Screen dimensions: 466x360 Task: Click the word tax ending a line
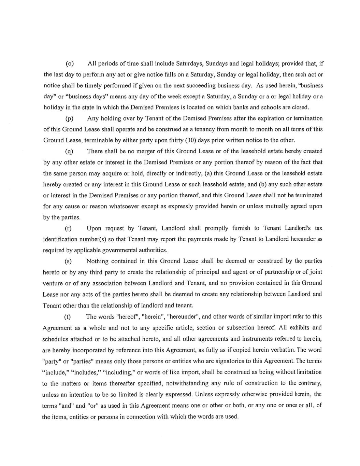pos(318,228)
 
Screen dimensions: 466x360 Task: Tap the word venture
pos(52,283)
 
